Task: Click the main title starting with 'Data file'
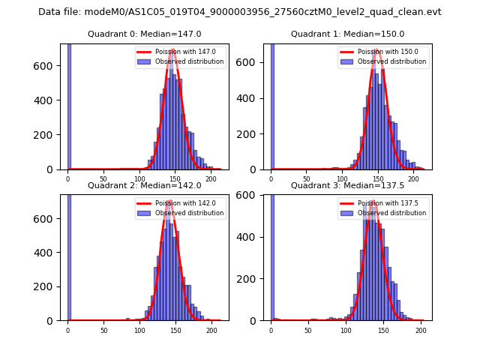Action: [x=239, y=12]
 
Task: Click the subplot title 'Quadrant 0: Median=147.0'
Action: [x=144, y=34]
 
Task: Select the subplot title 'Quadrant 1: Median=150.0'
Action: [x=347, y=34]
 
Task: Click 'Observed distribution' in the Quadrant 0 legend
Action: [x=189, y=61]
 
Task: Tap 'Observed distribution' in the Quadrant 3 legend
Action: [x=391, y=213]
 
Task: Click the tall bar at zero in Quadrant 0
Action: [x=68, y=105]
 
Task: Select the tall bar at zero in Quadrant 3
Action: [x=272, y=255]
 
